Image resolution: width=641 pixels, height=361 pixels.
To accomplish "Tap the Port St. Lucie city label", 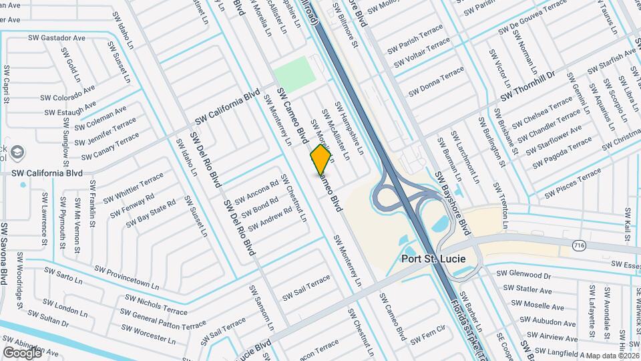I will [433, 259].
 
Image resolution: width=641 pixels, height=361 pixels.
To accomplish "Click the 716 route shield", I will [578, 247].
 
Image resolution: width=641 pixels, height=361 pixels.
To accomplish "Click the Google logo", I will [22, 352].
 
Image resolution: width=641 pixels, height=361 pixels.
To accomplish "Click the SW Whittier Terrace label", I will [134, 186].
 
